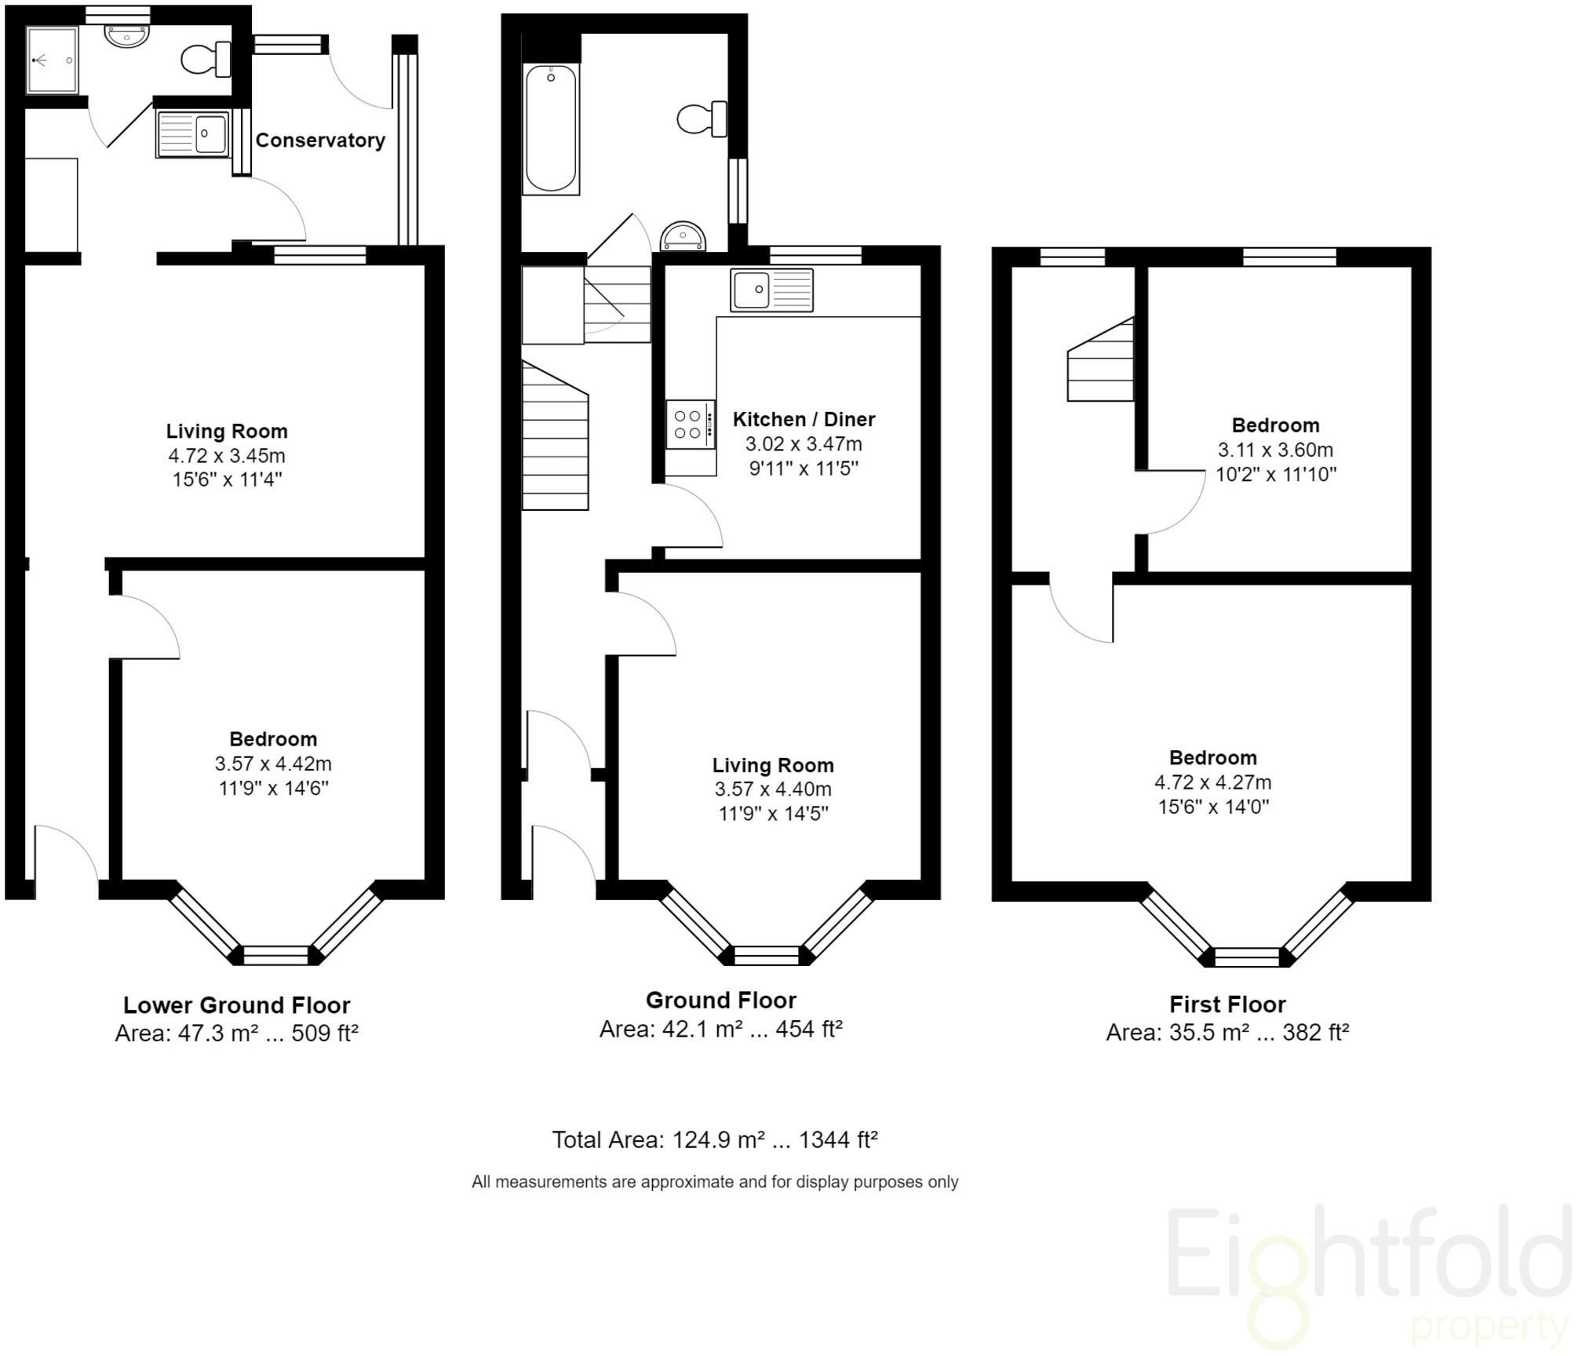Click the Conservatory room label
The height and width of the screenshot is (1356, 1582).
coord(320,140)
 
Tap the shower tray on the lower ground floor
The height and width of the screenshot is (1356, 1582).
coord(53,60)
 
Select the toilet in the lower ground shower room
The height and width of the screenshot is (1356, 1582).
coord(205,59)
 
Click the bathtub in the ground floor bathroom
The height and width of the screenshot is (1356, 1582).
coord(551,129)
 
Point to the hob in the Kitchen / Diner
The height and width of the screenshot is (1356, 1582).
coord(690,425)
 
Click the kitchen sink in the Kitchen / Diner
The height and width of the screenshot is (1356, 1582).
coord(771,290)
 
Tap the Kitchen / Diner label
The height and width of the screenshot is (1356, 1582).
coord(804,419)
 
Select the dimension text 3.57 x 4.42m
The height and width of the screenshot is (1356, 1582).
coord(273,764)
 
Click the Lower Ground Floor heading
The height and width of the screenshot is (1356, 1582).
coord(236,1005)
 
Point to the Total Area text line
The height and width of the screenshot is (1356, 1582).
coord(714,1139)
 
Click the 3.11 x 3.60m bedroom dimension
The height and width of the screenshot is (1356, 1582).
coord(1275,450)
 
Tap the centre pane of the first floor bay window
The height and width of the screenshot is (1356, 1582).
coord(1246,957)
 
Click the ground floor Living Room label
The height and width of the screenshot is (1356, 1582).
coord(773,765)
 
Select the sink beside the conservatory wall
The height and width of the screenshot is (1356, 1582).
coord(192,133)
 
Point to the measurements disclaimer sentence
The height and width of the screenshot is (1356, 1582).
coord(714,1182)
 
